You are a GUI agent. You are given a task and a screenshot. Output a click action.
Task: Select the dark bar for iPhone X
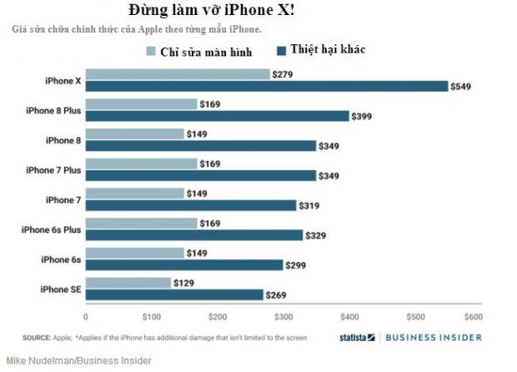click(266, 86)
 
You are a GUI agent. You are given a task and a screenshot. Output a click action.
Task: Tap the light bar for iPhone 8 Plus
click(141, 104)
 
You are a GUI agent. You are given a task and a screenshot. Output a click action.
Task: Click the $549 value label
click(460, 86)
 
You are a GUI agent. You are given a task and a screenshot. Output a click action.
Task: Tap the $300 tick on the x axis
click(284, 317)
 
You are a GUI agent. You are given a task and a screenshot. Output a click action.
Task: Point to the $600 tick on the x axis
click(474, 317)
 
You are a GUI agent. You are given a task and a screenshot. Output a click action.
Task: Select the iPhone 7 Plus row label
click(53, 170)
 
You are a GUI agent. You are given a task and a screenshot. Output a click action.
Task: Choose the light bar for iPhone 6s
click(134, 253)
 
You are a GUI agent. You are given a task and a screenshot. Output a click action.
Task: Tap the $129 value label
click(185, 283)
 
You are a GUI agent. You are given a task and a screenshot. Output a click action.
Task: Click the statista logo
click(356, 338)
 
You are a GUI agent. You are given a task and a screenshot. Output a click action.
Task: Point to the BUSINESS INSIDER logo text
click(434, 338)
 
